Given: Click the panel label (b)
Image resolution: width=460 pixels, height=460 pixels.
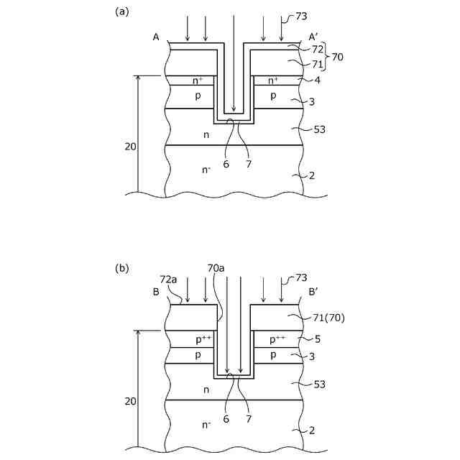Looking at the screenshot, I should click(121, 268).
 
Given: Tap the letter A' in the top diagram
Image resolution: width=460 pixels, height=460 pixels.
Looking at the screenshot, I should click(314, 37).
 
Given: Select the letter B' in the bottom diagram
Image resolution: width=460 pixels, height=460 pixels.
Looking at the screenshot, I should click(314, 293).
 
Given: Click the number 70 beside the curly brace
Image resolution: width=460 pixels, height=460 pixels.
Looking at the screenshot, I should click(338, 55).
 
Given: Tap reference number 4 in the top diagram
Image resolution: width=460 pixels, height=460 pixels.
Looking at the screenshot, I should click(316, 80).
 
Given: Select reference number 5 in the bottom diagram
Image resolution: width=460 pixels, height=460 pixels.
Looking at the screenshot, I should click(316, 338).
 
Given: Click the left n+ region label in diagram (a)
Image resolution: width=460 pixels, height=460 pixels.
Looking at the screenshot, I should click(198, 80).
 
